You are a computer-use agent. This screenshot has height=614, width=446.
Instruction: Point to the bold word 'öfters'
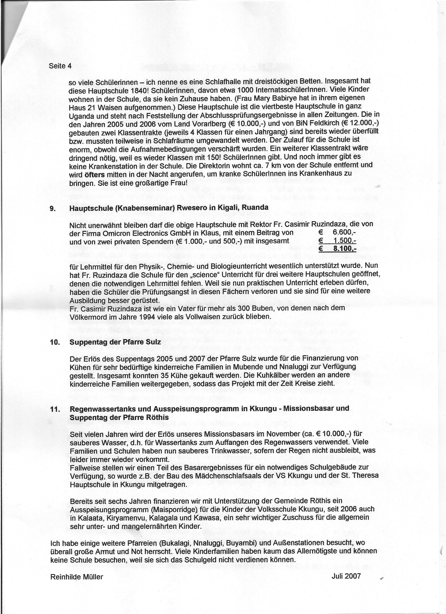95,175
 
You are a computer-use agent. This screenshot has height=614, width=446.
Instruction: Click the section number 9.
53,208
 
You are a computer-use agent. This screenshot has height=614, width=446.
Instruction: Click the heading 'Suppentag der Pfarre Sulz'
115,342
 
